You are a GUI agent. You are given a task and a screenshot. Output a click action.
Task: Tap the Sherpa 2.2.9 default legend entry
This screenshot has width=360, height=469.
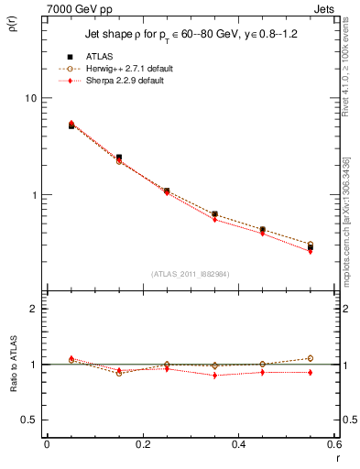pos(124,81)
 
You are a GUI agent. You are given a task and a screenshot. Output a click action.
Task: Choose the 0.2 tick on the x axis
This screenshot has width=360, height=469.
pos(143,444)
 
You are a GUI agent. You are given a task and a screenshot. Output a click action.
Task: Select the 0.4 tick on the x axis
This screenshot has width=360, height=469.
pos(238,444)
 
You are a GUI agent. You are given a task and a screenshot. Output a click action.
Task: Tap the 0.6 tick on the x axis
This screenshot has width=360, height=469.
pos(333,444)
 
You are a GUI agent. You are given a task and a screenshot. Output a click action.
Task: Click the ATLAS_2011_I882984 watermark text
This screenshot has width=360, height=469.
pos(190,273)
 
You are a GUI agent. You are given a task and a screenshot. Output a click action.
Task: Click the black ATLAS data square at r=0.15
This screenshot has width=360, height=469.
pos(119,158)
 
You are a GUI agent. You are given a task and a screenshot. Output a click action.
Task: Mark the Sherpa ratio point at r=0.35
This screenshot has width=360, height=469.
pos(214,376)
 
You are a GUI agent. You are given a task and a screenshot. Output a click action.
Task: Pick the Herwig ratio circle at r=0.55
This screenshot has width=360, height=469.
pos(311,358)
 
